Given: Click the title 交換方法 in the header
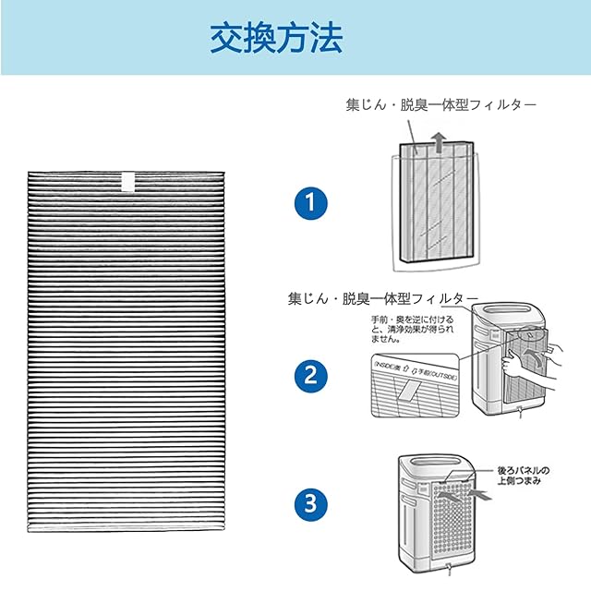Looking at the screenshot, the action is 276,38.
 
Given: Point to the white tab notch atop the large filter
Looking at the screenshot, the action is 128,180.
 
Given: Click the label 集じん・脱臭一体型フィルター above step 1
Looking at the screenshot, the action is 440,105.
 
